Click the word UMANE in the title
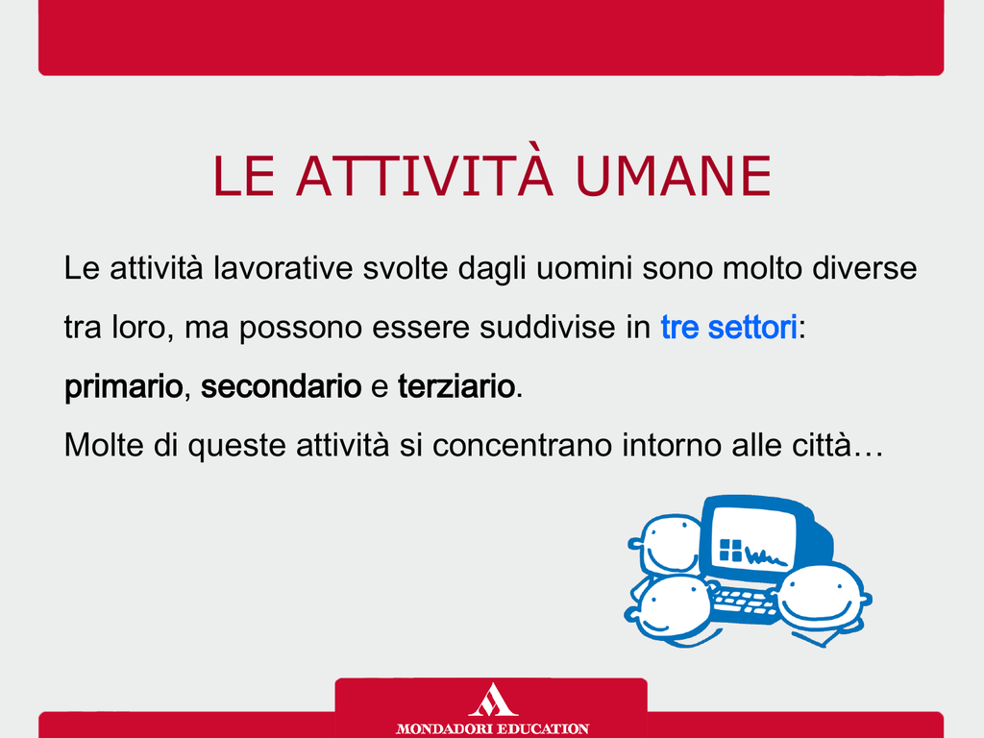[x=674, y=177]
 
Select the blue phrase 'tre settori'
[x=728, y=327]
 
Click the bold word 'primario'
[x=124, y=387]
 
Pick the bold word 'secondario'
[x=282, y=386]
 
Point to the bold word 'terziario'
[x=456, y=386]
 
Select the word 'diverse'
[x=865, y=268]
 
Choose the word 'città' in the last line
[x=822, y=445]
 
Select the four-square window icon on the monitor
[x=730, y=551]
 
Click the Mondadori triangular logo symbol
[x=493, y=700]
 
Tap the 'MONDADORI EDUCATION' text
[x=492, y=728]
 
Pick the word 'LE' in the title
[x=244, y=177]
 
